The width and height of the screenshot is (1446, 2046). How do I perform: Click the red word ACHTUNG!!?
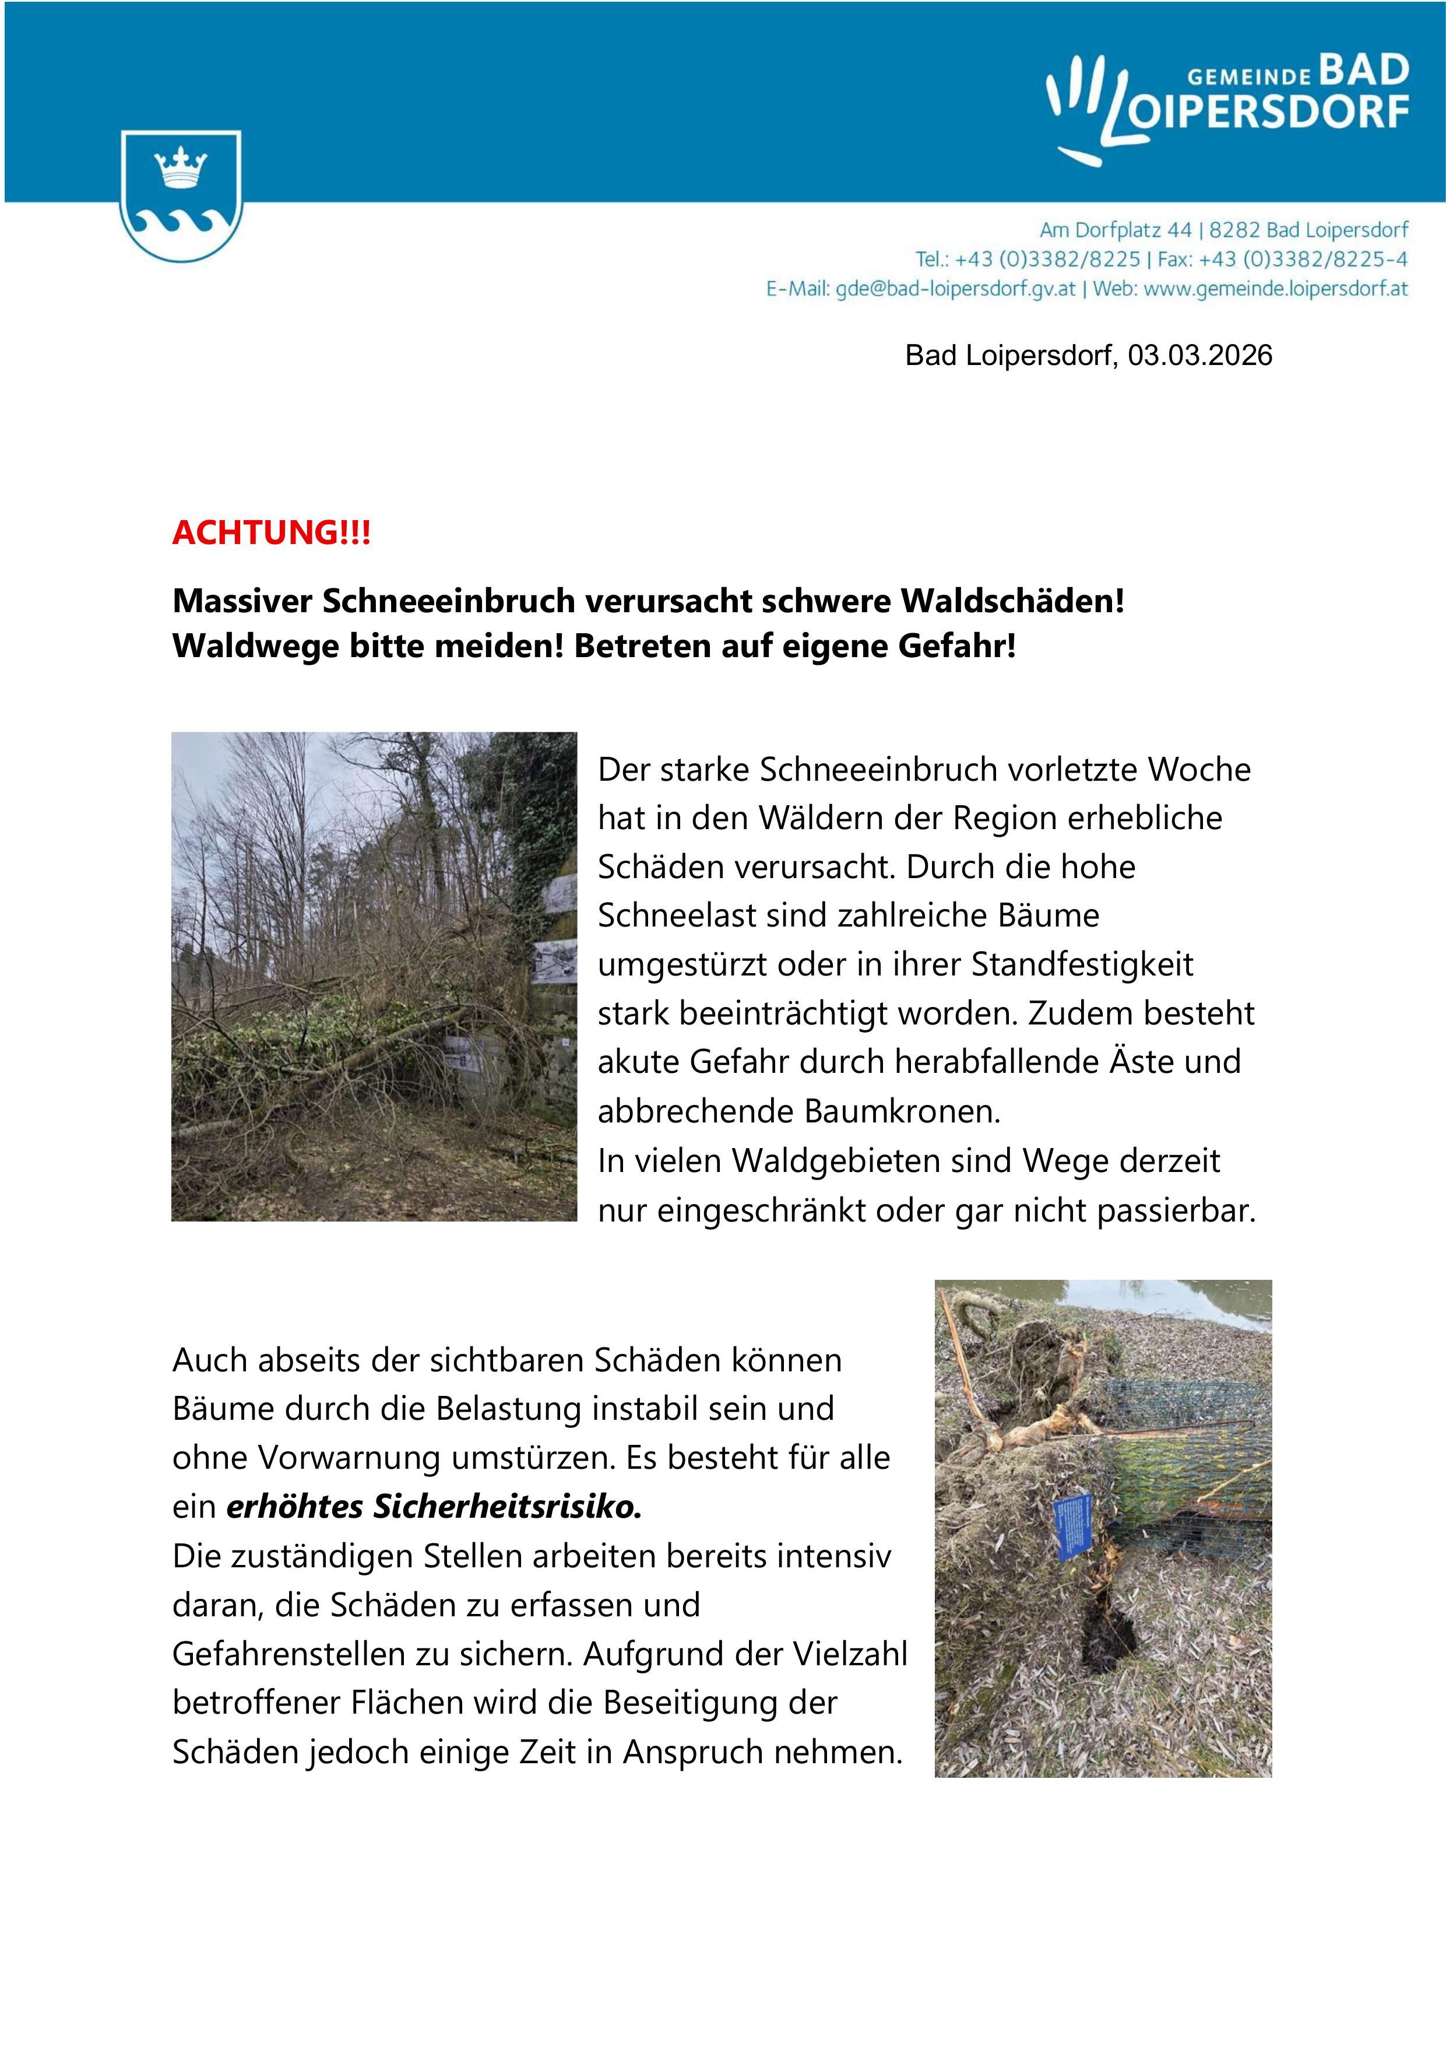(x=271, y=533)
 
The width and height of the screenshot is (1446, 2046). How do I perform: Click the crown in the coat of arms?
(x=181, y=167)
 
